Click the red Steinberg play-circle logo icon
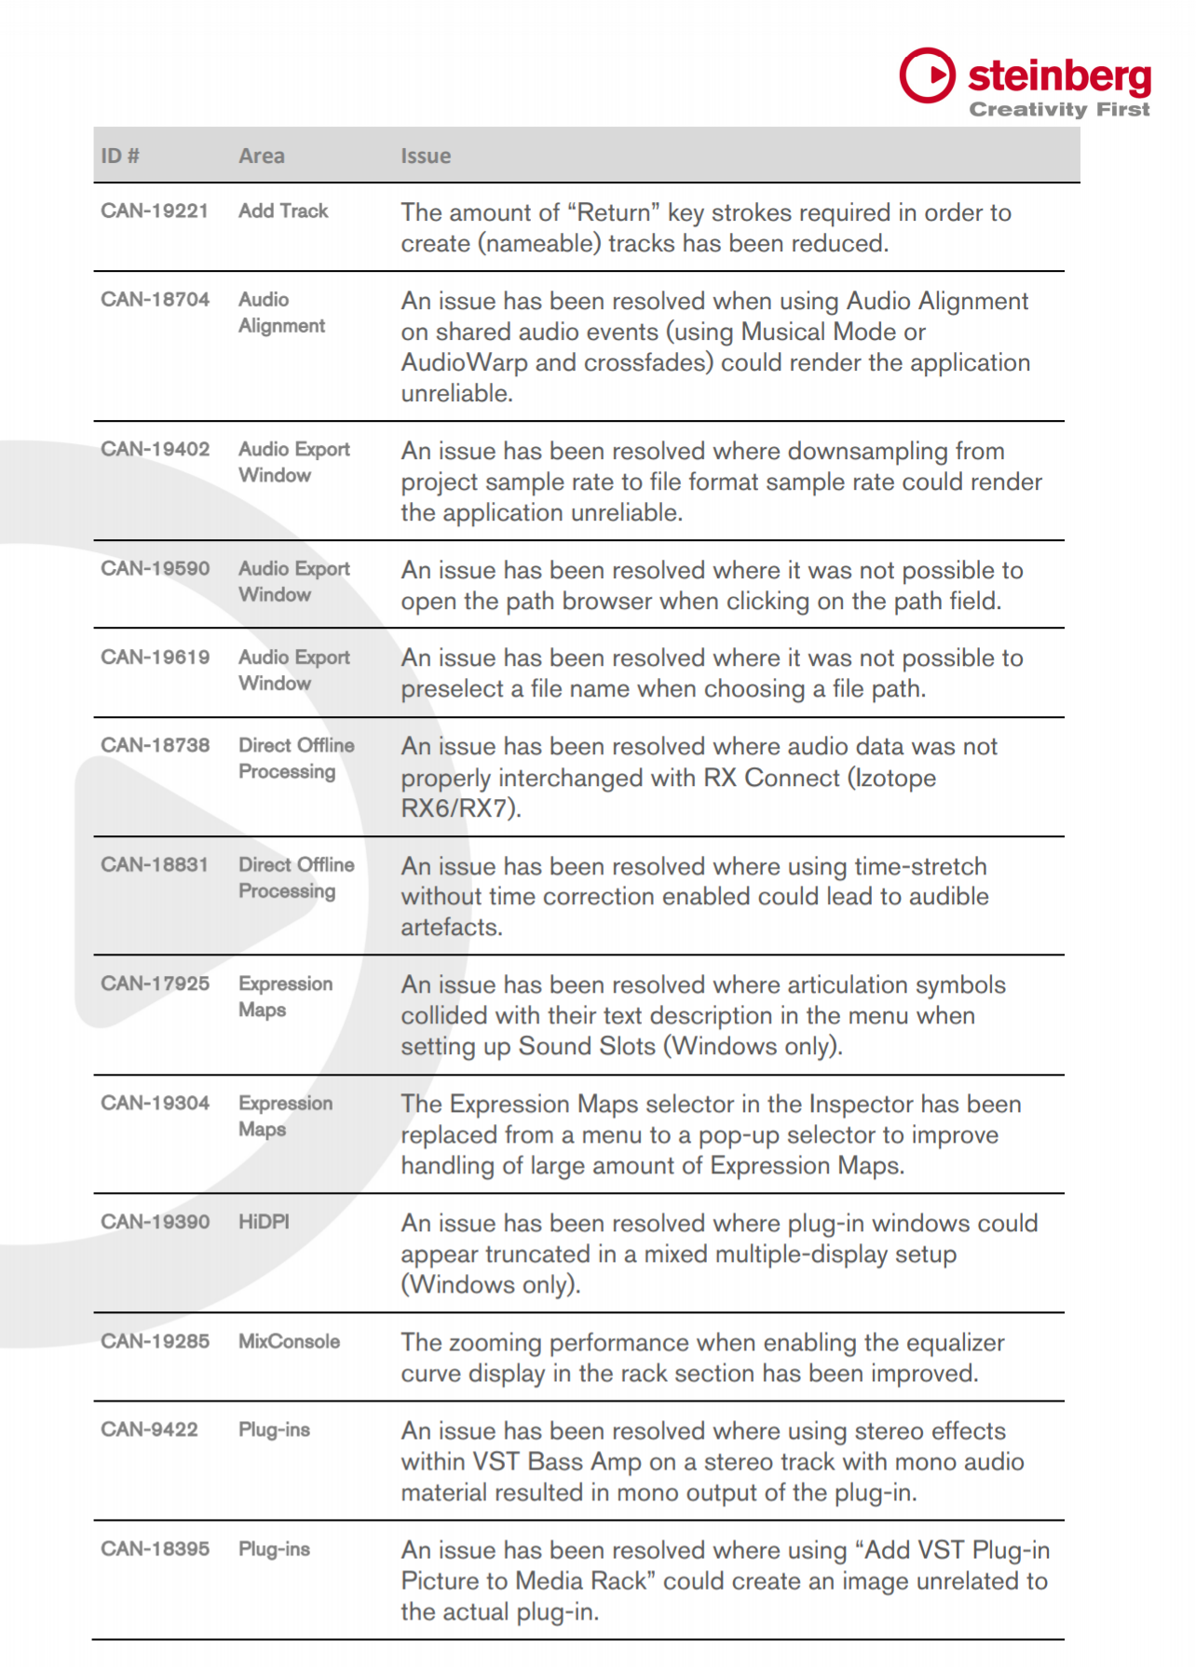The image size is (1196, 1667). pos(927,75)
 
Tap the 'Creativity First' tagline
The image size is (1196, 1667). pos(1059,110)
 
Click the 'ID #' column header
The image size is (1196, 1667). pos(120,156)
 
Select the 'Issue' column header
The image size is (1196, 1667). pos(426,156)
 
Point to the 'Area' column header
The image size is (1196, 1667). pos(262,156)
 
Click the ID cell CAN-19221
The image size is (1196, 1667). pos(155,211)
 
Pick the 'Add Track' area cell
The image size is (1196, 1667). pos(283,211)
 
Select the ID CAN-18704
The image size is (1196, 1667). pos(155,300)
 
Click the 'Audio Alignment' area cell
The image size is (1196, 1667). pos(281,313)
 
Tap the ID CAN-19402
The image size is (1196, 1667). pos(155,450)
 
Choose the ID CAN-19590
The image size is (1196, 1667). pos(155,569)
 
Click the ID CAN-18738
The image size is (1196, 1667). pos(155,746)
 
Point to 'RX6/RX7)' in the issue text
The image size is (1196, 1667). pos(460,808)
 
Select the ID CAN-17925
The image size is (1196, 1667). pos(155,984)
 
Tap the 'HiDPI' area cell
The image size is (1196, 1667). pos(264,1222)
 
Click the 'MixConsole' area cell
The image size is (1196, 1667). pos(289,1342)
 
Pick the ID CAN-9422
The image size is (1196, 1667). pos(149,1430)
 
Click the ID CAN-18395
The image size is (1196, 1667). pos(155,1550)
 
